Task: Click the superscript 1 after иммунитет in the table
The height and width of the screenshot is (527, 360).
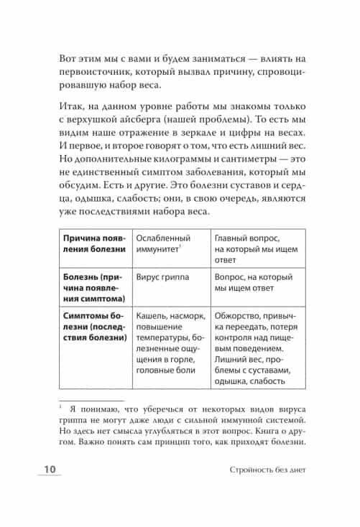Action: point(180,247)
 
